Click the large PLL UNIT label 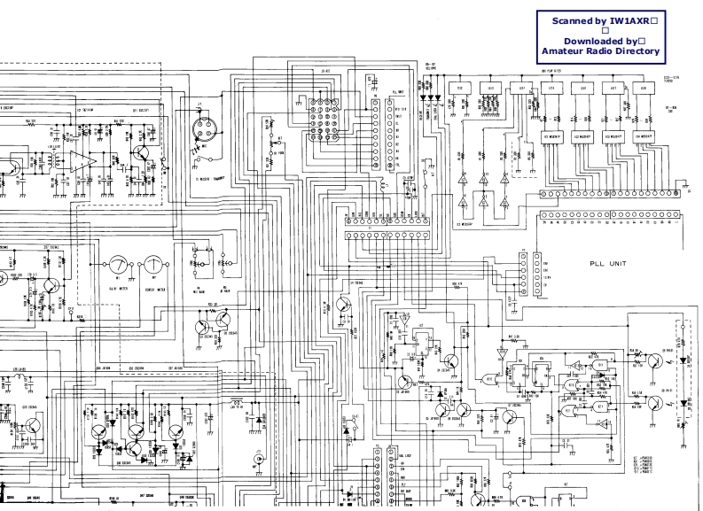coord(613,263)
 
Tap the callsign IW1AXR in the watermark coord(630,20)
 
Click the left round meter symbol coord(118,264)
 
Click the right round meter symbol coord(155,264)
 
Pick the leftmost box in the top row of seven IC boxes coord(460,89)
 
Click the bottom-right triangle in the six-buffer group coord(505,203)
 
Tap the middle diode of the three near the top coord(431,99)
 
